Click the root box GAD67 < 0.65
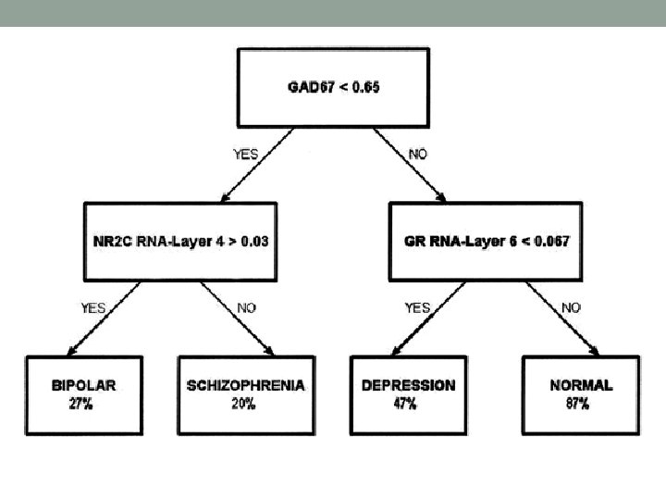(334, 88)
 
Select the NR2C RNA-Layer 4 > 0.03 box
(180, 241)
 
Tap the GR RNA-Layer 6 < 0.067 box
(487, 241)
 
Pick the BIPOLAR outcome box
(84, 393)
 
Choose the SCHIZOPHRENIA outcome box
(244, 393)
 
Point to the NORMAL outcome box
(581, 393)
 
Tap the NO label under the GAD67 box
(418, 154)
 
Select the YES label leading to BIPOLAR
(92, 307)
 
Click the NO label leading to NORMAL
(572, 307)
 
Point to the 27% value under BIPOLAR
(80, 404)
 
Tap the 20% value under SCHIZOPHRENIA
(244, 404)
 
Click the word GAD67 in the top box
(308, 88)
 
